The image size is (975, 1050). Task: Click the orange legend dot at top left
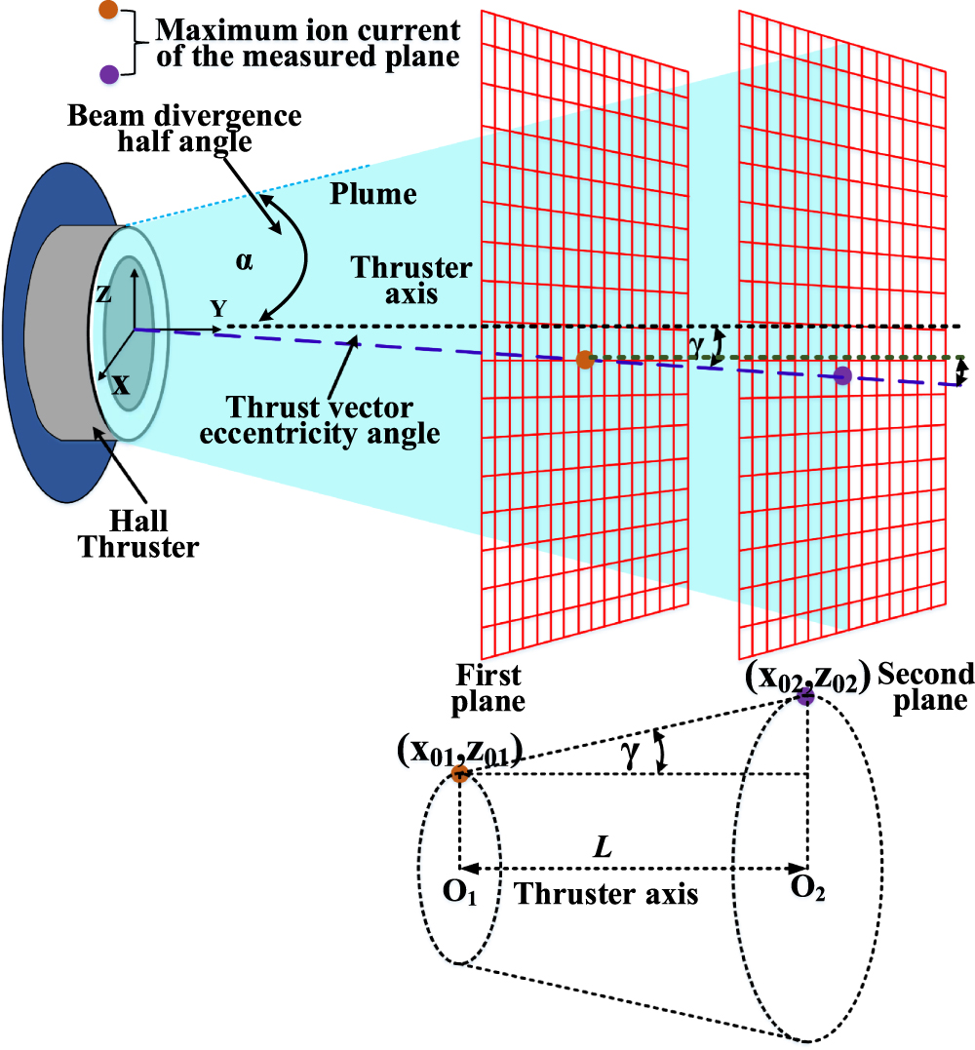point(110,11)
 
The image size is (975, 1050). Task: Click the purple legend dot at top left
point(110,73)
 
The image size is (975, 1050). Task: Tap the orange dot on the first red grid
point(585,360)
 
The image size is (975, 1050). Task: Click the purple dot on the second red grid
point(843,375)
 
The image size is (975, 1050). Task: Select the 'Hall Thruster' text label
point(137,534)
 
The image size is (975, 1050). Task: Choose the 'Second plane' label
point(925,686)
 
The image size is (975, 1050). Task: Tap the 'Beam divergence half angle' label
point(184,129)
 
